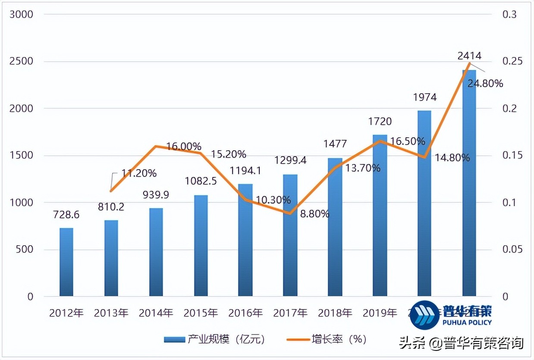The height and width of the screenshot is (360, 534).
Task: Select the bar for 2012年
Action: pos(66,262)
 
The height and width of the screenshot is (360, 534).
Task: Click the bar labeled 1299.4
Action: pos(290,235)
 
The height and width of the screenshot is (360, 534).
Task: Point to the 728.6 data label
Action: pos(66,215)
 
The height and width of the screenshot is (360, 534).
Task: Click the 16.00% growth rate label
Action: pos(183,146)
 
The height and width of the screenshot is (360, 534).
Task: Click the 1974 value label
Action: pos(425,97)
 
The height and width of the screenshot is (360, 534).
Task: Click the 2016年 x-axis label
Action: pos(245,313)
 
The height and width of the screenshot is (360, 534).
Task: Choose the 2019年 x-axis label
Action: pos(380,313)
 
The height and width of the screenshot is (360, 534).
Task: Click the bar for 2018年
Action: pos(335,227)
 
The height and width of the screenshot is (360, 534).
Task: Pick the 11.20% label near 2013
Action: pos(138,174)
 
